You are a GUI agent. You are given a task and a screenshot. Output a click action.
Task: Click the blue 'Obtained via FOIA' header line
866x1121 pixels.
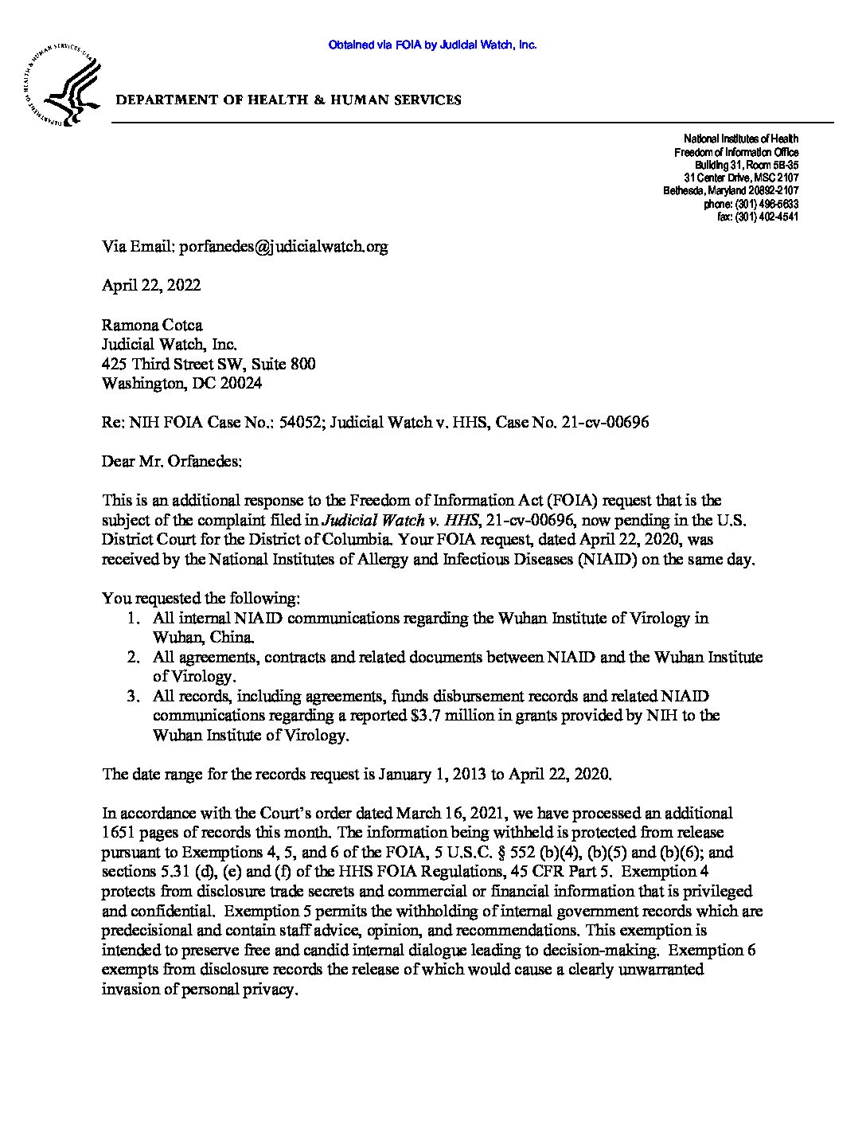432,45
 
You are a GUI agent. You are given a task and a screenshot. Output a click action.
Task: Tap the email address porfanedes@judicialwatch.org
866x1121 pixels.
283,246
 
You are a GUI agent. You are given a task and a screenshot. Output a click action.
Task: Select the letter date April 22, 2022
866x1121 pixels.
151,285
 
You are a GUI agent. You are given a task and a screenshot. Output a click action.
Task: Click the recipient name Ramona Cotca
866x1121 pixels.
152,325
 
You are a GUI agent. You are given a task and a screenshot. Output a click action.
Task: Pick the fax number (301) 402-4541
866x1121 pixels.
767,217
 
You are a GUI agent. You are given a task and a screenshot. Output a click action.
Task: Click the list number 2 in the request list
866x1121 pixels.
135,658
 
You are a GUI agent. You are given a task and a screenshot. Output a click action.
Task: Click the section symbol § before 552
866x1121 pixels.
419,852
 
